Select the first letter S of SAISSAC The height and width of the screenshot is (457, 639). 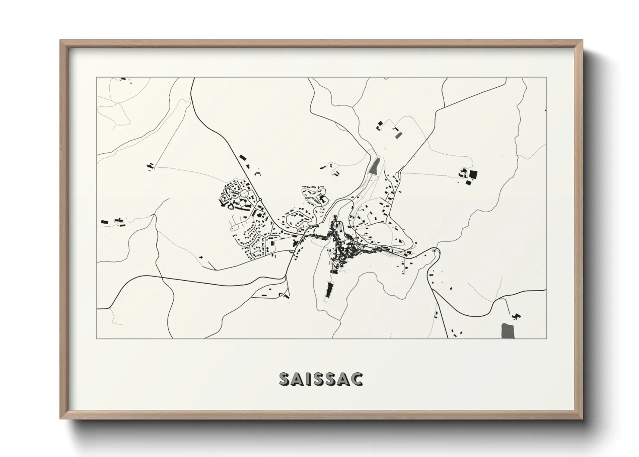[x=285, y=379]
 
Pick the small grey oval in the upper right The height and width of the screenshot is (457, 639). [x=398, y=135]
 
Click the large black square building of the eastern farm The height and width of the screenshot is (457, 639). [x=474, y=175]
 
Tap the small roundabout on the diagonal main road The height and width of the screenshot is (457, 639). [x=261, y=199]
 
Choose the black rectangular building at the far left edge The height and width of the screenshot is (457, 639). [x=104, y=222]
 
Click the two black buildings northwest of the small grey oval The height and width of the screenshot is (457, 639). [x=380, y=125]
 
